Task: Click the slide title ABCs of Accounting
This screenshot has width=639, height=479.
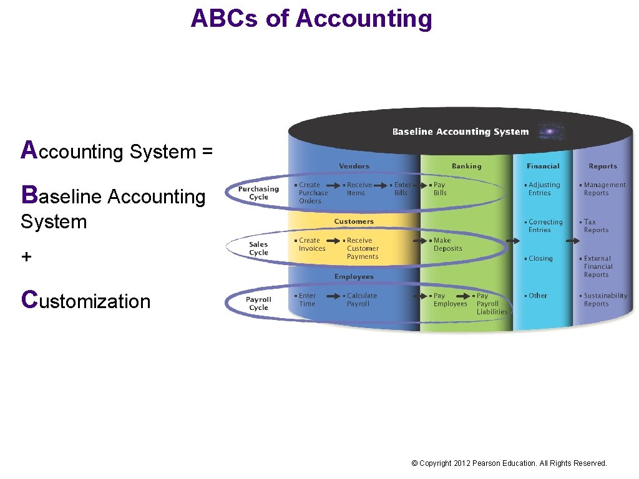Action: (311, 18)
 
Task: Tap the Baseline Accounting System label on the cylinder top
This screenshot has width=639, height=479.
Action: (460, 132)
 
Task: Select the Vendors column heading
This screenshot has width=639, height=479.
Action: (354, 166)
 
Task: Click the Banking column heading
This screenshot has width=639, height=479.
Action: (466, 166)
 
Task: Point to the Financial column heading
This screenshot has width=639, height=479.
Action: (543, 166)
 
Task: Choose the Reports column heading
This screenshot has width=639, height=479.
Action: (602, 166)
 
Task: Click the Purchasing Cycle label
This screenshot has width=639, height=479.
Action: (258, 193)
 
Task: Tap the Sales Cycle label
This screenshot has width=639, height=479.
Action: (258, 248)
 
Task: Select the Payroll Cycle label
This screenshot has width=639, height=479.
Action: (258, 303)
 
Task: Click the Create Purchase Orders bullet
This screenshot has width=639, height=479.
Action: (312, 193)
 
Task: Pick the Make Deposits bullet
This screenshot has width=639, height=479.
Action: (447, 244)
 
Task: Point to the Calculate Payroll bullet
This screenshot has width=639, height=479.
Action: (361, 300)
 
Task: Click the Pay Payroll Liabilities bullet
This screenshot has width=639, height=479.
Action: (491, 304)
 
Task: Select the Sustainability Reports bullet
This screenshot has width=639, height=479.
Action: (604, 300)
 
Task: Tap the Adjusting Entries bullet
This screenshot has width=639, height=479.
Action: (543, 189)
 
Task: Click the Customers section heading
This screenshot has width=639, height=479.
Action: (354, 221)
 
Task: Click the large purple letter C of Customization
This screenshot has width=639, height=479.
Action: (29, 299)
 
